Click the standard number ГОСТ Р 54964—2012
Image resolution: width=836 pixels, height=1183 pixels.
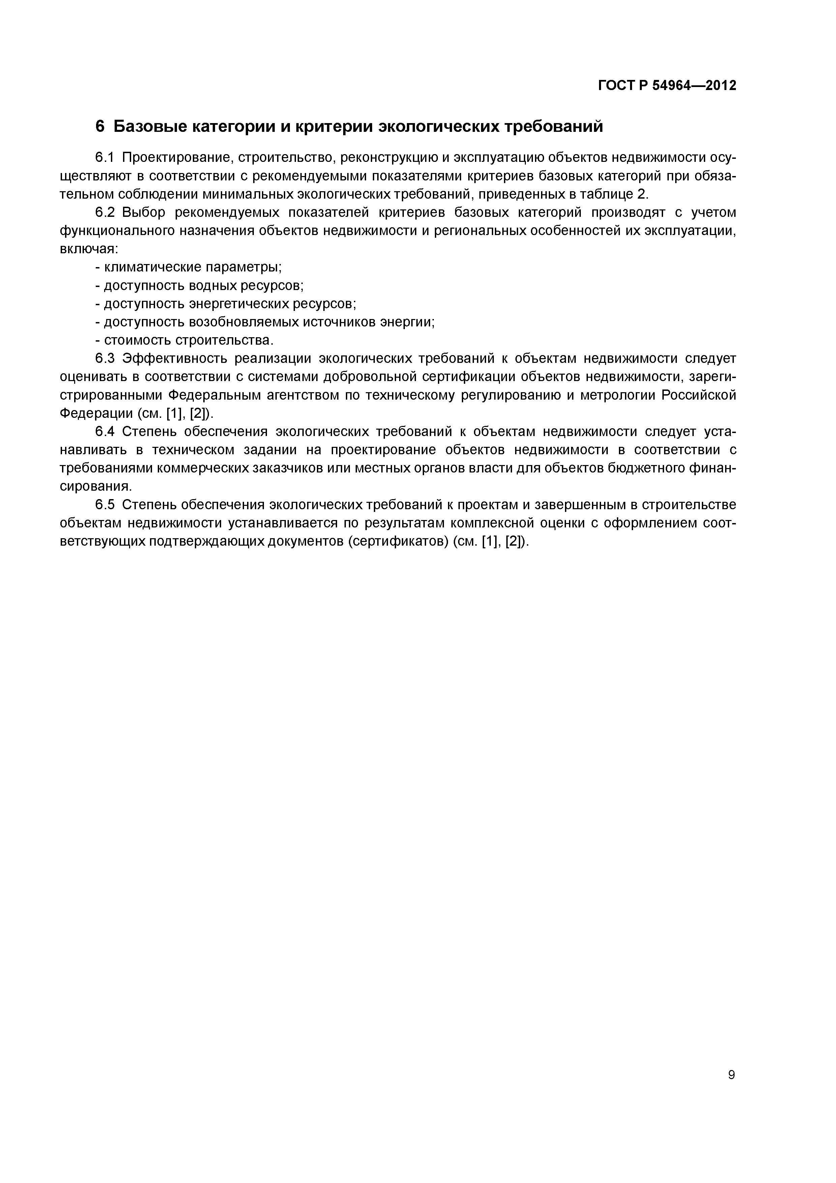[667, 86]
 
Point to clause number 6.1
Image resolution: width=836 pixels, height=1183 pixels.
[107, 158]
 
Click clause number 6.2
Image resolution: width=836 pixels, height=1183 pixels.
[107, 213]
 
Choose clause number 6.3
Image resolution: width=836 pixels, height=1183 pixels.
[107, 358]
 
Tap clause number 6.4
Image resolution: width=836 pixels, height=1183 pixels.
[107, 432]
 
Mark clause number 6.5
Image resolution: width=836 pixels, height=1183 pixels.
[107, 505]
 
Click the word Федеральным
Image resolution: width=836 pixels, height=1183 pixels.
[213, 395]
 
